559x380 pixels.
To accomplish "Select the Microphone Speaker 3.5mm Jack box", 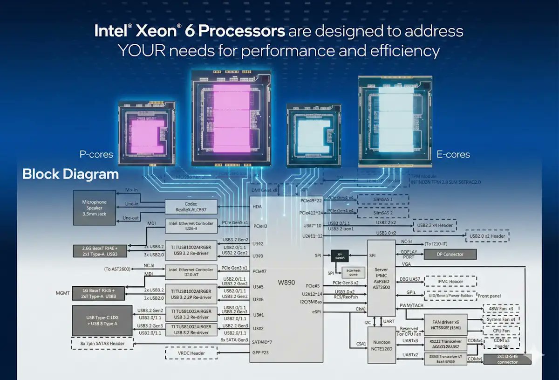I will click(x=94, y=208).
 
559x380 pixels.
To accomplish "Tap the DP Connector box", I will click(x=450, y=254).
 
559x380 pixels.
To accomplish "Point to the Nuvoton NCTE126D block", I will click(x=382, y=345).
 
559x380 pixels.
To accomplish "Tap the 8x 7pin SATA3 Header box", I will click(x=102, y=344).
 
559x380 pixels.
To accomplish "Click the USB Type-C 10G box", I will click(x=102, y=320).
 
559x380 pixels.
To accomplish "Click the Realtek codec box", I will click(x=191, y=207).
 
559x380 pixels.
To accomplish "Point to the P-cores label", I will click(x=95, y=154).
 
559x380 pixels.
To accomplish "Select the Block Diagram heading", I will click(x=70, y=175).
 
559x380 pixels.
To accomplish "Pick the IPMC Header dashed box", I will click(x=450, y=282).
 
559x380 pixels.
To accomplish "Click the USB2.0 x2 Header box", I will click(x=487, y=236).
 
